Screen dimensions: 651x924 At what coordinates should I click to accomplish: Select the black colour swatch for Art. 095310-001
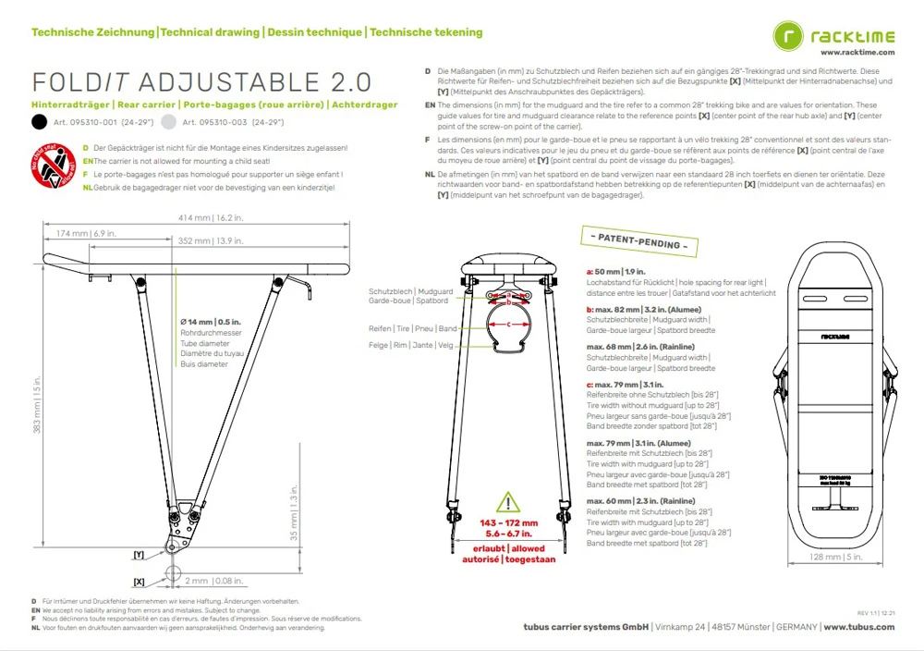point(39,122)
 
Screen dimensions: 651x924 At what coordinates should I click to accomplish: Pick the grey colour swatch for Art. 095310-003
point(168,122)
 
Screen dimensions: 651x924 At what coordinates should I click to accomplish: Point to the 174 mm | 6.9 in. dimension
point(86,234)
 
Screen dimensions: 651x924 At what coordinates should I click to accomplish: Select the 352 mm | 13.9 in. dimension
point(209,241)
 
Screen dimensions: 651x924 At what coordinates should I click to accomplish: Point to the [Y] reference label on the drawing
point(139,555)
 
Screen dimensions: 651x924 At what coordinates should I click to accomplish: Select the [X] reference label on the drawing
point(139,582)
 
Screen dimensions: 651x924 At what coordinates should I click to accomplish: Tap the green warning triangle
point(508,503)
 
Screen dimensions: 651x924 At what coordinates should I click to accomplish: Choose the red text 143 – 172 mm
point(508,523)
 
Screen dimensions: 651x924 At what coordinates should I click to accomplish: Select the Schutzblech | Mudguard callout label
point(410,291)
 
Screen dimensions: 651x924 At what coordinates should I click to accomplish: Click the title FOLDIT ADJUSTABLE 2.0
point(201,83)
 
